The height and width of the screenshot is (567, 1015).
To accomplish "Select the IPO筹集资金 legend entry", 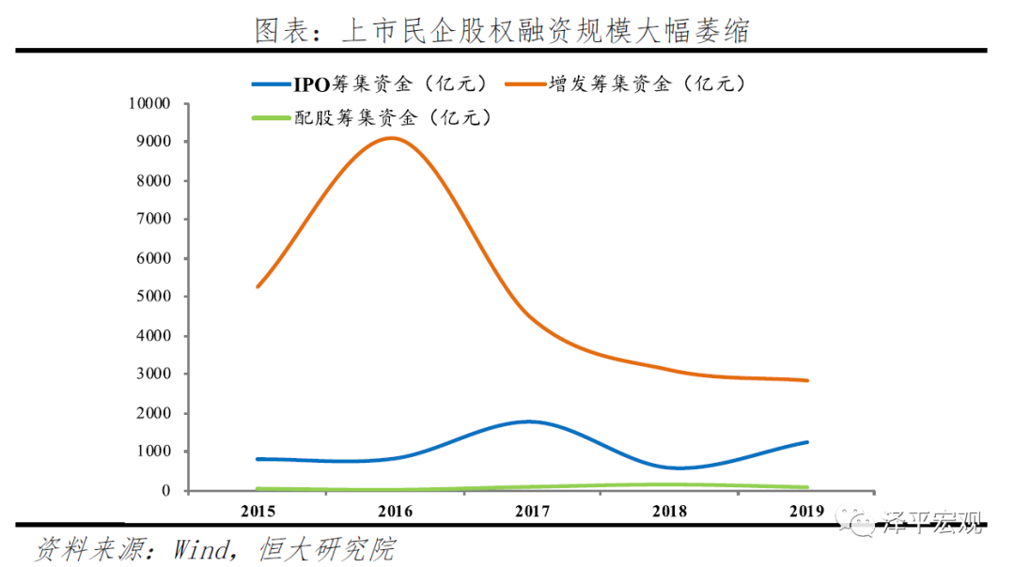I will click(372, 84).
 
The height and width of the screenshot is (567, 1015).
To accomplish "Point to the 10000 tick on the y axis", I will click(148, 103).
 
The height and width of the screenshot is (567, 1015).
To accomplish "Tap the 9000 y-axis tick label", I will click(152, 142).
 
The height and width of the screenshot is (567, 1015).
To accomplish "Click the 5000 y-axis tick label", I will click(152, 297).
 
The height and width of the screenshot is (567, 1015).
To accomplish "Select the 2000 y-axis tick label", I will click(152, 413).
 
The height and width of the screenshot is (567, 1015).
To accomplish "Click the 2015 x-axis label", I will click(258, 512).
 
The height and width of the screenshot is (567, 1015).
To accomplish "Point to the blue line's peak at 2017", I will click(531, 421).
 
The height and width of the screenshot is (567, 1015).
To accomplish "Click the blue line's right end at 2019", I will click(806, 442).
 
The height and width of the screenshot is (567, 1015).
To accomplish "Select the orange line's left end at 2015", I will click(258, 286).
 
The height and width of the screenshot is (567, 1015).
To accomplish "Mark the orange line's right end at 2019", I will click(806, 380).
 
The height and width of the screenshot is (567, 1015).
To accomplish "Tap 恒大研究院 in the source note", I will click(326, 548).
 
